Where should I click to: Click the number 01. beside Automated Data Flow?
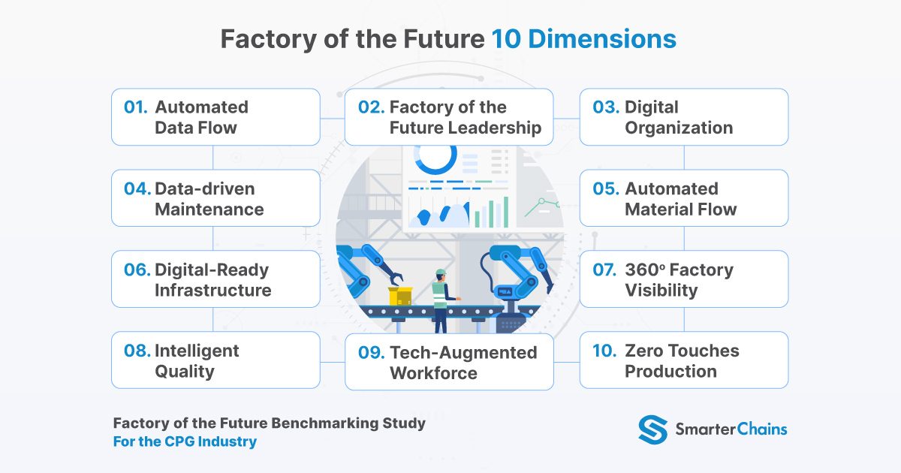(x=136, y=107)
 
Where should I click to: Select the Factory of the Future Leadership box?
(x=449, y=117)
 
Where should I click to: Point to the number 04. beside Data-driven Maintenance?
(x=137, y=188)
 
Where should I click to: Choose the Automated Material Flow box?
(x=683, y=198)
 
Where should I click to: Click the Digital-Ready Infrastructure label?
(x=212, y=279)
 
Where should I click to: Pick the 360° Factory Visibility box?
(x=683, y=279)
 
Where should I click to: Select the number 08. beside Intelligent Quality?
(x=137, y=351)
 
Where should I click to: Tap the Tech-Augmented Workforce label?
(x=463, y=363)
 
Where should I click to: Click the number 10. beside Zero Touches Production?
(x=604, y=351)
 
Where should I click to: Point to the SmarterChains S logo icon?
(x=652, y=429)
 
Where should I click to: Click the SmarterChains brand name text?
(x=731, y=429)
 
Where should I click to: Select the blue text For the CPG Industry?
(x=185, y=441)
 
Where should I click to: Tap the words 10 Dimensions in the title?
(x=584, y=39)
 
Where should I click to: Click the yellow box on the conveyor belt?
(x=399, y=296)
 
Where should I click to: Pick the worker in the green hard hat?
(x=440, y=297)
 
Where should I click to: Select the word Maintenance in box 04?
(x=209, y=209)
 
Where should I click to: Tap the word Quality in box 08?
(x=185, y=372)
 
